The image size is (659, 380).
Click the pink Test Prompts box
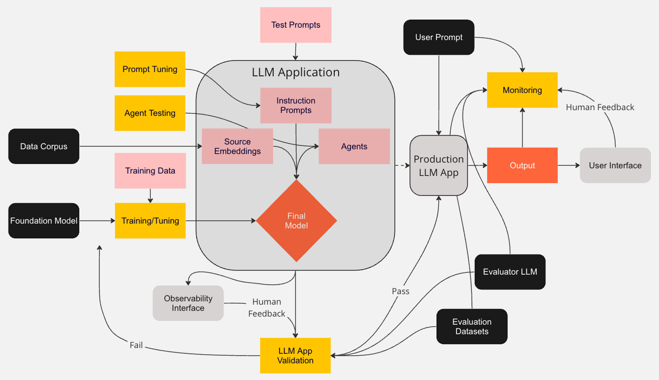point(296,25)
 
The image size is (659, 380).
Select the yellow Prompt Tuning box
point(150,69)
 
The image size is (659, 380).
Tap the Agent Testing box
point(150,113)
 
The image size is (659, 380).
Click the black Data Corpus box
point(44,146)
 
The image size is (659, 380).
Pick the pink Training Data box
point(150,171)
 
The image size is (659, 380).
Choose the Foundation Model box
point(44,220)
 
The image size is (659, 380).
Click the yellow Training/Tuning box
point(150,220)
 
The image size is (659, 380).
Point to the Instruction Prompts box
point(296,105)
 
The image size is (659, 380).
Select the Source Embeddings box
point(237,146)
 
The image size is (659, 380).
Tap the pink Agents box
point(354,146)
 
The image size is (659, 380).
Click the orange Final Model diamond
point(296,220)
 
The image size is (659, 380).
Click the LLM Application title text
point(296,72)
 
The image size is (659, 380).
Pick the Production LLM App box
point(439,165)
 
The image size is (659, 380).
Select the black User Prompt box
point(439,37)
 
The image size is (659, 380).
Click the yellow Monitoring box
point(522,90)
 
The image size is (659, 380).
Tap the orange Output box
point(522,165)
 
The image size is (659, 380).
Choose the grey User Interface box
point(615,165)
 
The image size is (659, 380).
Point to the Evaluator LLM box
point(510,272)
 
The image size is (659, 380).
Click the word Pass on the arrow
point(401,291)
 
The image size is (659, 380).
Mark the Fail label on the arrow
point(136,345)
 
